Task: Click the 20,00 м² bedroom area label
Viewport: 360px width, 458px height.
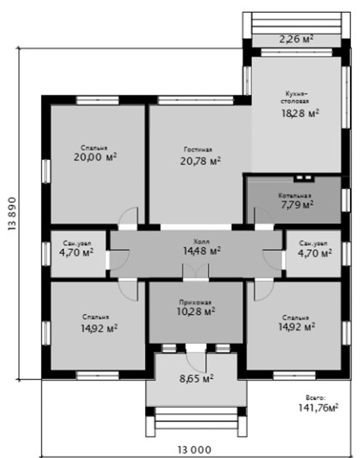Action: [x=95, y=157]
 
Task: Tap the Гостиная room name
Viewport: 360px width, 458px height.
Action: [x=198, y=149]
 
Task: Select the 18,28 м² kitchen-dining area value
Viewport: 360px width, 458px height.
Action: [x=300, y=113]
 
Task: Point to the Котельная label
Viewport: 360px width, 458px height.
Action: [x=294, y=195]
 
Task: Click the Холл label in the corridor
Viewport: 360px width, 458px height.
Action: [x=201, y=242]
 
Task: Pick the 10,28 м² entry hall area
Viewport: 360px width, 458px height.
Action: [x=196, y=311]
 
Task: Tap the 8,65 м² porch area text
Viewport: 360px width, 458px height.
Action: [x=197, y=379]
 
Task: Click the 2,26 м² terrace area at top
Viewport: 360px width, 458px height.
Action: [x=297, y=39]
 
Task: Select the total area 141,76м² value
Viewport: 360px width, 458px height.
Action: [x=318, y=407]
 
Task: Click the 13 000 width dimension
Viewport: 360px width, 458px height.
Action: [x=194, y=450]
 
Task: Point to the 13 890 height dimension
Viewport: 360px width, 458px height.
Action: [x=12, y=213]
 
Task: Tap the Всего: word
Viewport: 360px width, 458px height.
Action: [x=316, y=398]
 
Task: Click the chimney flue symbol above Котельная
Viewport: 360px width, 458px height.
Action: [x=304, y=178]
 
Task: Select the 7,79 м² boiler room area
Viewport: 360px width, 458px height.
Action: [x=297, y=205]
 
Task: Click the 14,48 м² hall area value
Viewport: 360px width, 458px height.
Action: [x=201, y=251]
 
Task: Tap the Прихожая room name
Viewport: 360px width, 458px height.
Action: [x=195, y=302]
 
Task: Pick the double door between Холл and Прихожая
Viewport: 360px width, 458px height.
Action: [x=196, y=272]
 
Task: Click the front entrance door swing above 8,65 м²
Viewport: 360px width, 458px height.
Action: [x=197, y=362]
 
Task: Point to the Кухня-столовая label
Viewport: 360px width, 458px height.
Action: [x=295, y=97]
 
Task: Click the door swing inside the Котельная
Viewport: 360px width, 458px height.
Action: [x=263, y=216]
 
